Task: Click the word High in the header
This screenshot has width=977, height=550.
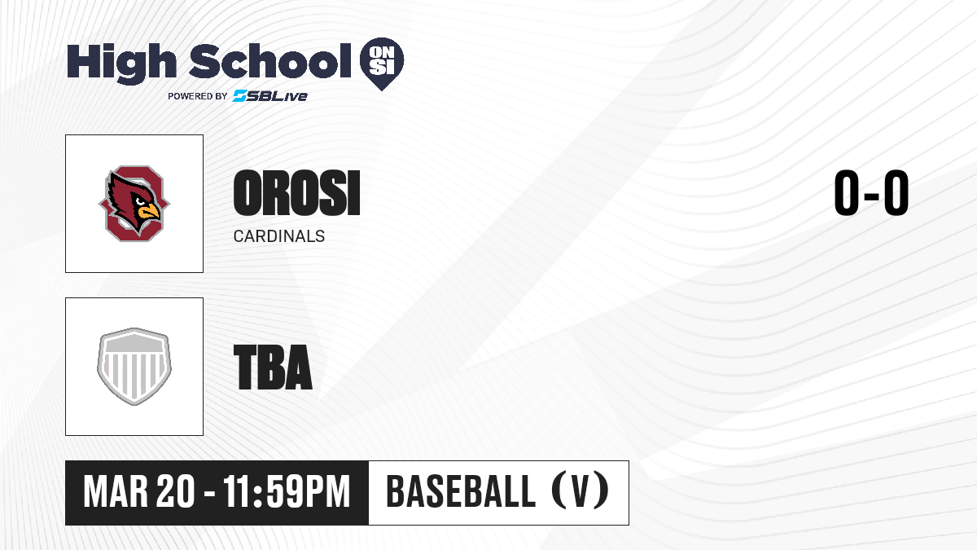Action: pos(122,64)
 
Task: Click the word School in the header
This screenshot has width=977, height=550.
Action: pos(270,61)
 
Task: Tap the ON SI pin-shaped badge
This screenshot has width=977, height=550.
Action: pos(382,64)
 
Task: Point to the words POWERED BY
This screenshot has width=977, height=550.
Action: pos(198,96)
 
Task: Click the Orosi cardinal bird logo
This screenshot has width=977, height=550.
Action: pos(134,204)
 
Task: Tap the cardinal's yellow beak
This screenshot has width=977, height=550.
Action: pos(149,212)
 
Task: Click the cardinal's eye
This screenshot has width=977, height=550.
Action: pos(140,201)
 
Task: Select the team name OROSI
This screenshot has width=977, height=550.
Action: pos(296,193)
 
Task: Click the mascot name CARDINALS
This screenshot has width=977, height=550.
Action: pos(279,236)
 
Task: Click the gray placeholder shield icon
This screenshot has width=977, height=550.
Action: pos(134,367)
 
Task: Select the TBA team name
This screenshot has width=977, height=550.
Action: pos(273,367)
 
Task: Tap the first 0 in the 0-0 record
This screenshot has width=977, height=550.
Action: pos(847,192)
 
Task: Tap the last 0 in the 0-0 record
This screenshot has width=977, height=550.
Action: pos(896,192)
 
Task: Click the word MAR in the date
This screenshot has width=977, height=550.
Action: pos(116,492)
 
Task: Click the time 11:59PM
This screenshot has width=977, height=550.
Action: pos(287,492)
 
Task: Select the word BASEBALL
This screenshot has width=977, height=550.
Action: pos(461,491)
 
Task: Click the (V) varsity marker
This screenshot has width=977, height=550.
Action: pos(580,491)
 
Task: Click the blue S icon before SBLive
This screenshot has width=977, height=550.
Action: pos(240,96)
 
